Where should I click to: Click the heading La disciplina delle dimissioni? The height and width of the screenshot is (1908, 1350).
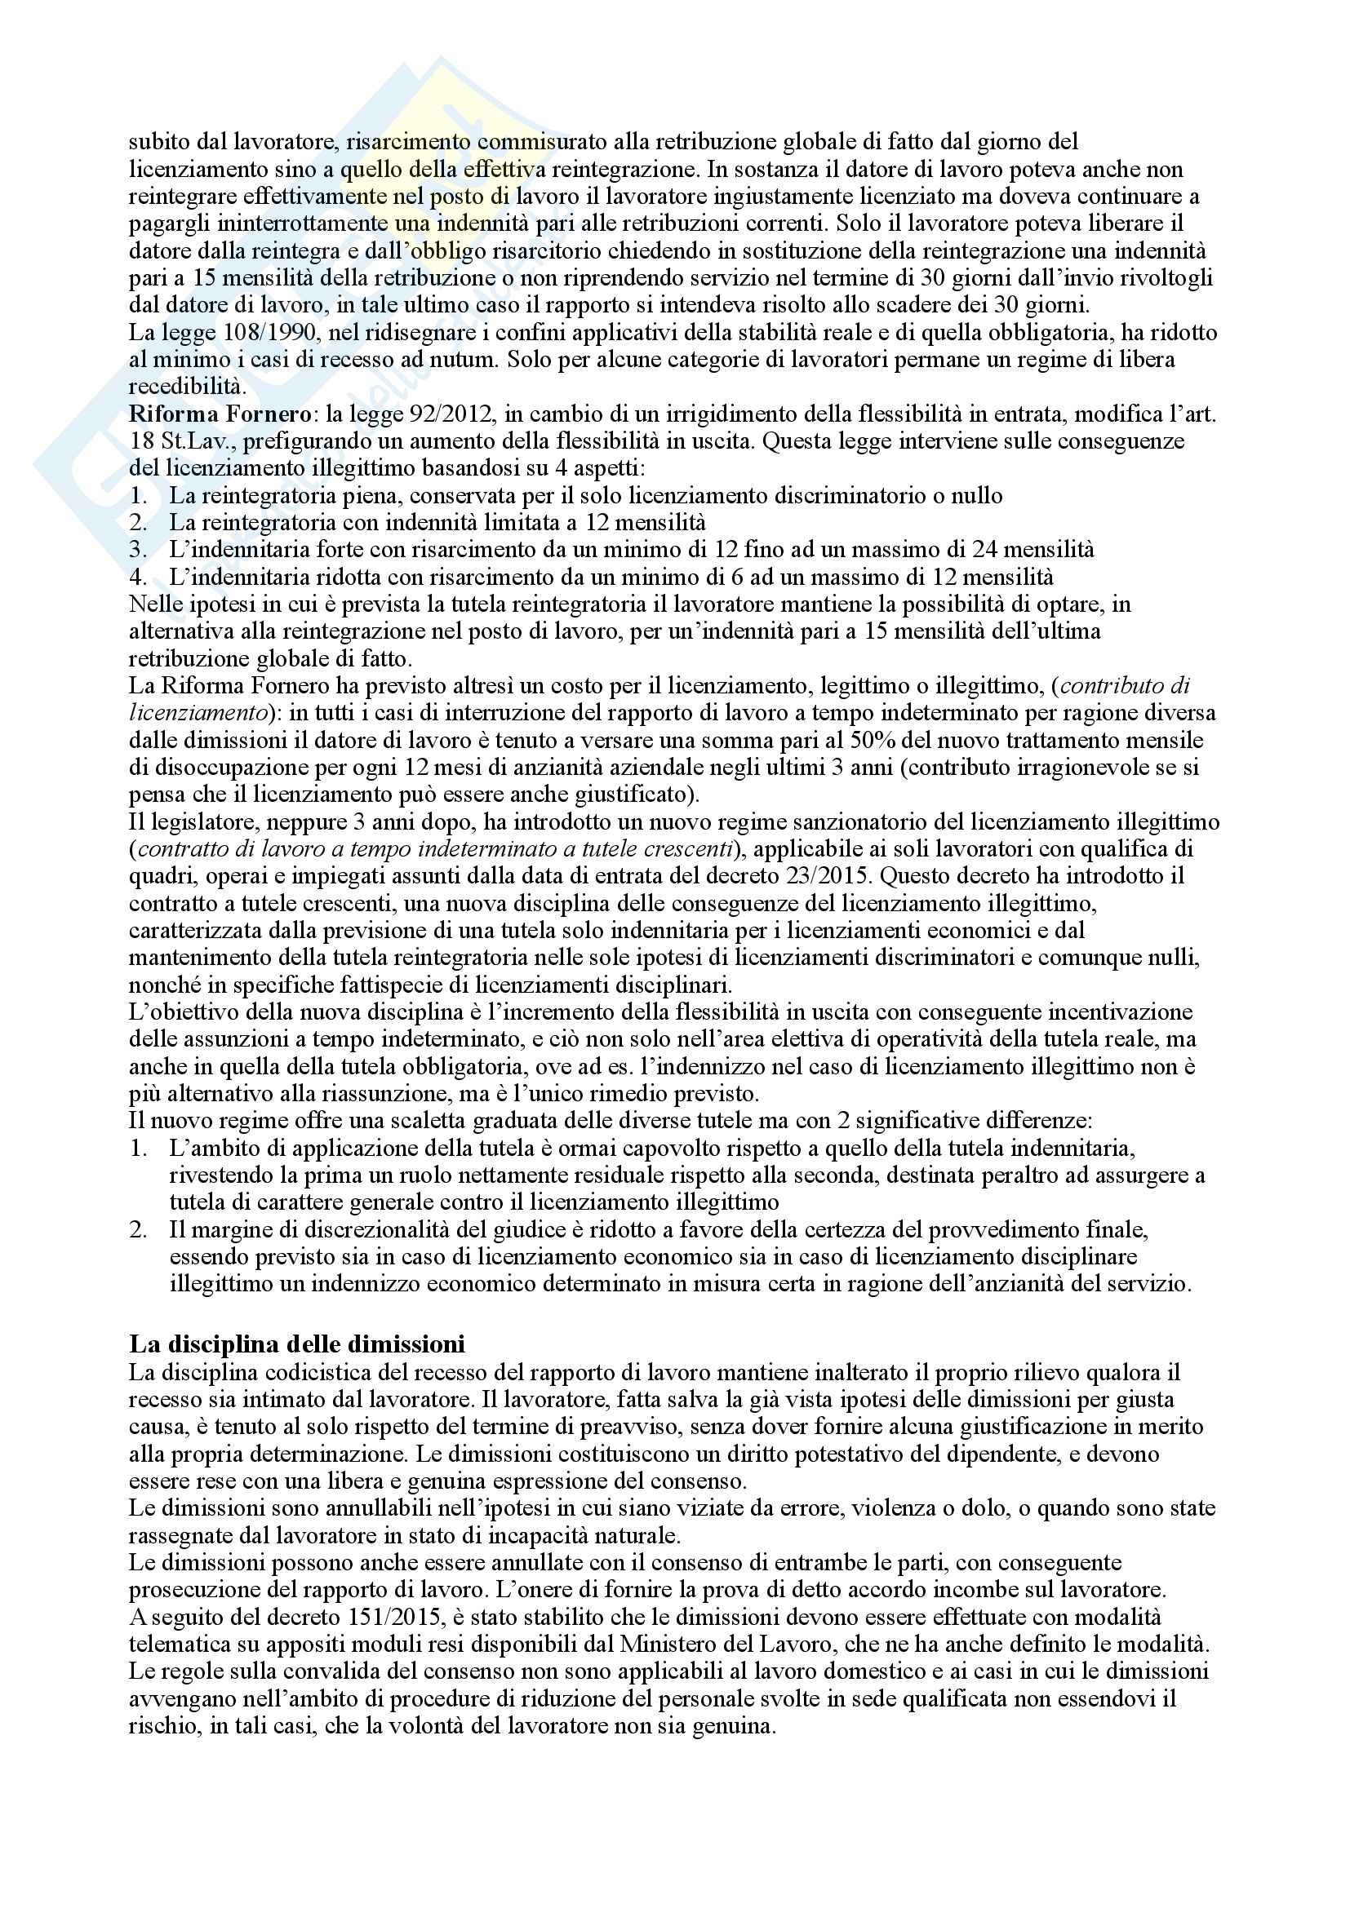[x=297, y=1344]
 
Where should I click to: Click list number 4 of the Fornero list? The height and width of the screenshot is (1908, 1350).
[x=138, y=577]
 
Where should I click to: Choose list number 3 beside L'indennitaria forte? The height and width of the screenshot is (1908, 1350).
[x=138, y=549]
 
